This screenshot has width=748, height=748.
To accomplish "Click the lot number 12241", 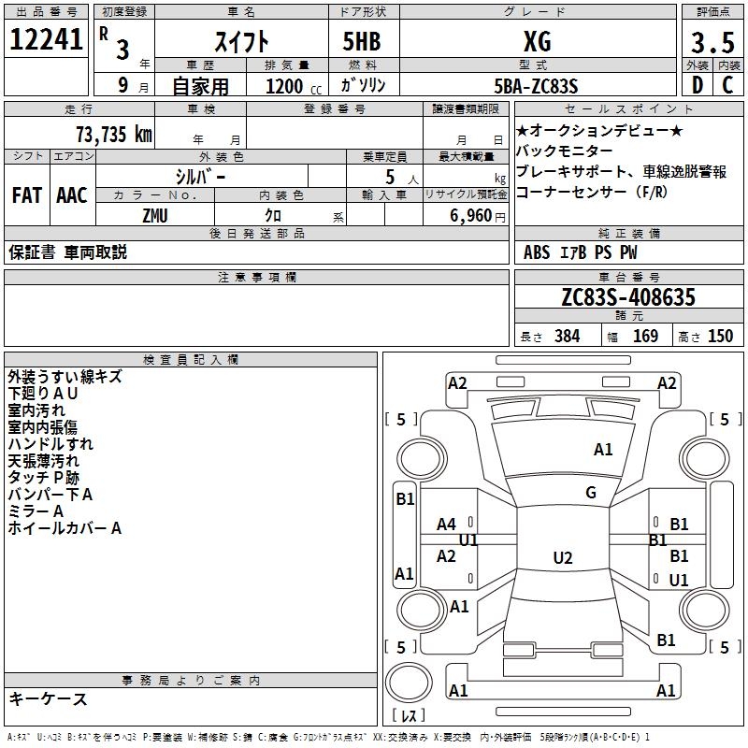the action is pyautogui.click(x=47, y=41).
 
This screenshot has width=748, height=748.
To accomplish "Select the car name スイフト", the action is pyautogui.click(x=243, y=41).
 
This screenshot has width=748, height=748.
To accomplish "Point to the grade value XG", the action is pyautogui.click(x=537, y=41).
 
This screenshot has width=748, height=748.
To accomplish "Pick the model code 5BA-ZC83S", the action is pyautogui.click(x=537, y=86).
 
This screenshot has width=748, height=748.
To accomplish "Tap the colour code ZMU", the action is pyautogui.click(x=155, y=215).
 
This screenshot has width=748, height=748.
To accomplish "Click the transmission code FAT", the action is pyautogui.click(x=26, y=195).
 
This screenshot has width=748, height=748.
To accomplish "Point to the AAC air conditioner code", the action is pyautogui.click(x=71, y=195).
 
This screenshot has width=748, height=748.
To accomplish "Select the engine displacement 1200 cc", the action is pyautogui.click(x=284, y=86).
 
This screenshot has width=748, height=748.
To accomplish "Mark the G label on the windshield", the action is pyautogui.click(x=590, y=493).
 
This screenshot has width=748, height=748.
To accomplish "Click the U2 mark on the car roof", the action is pyautogui.click(x=562, y=558).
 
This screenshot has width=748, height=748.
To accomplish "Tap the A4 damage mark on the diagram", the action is pyautogui.click(x=447, y=525).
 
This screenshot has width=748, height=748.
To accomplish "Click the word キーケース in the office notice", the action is pyautogui.click(x=48, y=698).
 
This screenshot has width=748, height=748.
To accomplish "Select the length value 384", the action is pyautogui.click(x=567, y=337).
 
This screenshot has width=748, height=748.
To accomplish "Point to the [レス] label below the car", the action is pyautogui.click(x=410, y=716).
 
